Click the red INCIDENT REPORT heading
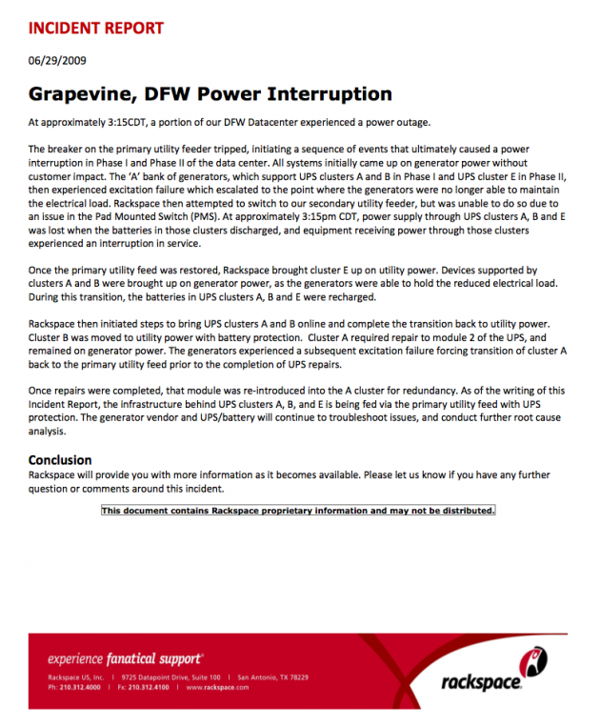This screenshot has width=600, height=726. tap(96, 29)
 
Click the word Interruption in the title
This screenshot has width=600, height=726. tap(330, 94)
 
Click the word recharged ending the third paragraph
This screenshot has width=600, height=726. tap(350, 296)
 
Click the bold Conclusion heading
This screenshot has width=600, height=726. tap(60, 460)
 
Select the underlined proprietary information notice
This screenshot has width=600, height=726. tap(298, 511)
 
